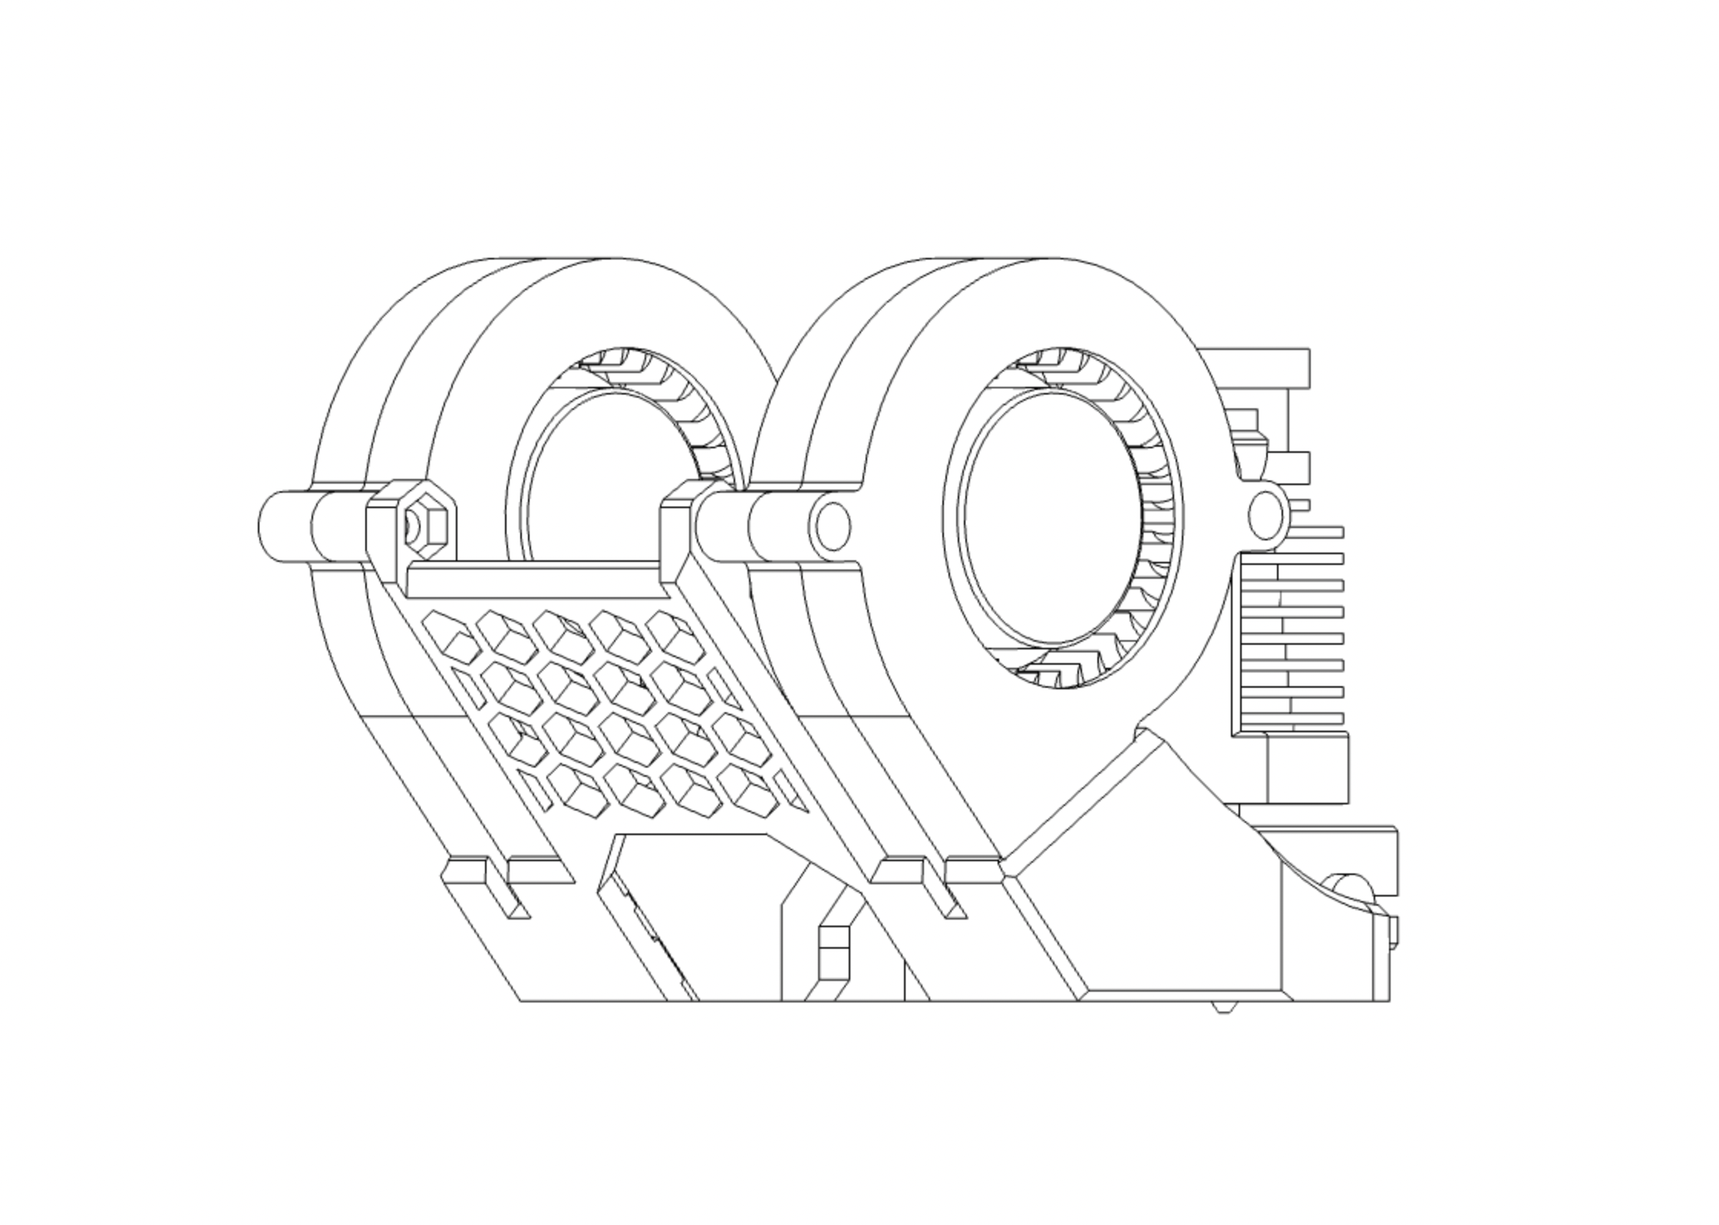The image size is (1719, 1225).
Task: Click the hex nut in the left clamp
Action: (x=424, y=527)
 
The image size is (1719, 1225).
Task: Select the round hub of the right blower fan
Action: (x=1052, y=517)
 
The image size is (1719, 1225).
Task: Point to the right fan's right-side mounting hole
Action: (x=1265, y=514)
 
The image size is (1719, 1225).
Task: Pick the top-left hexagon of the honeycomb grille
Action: (x=451, y=637)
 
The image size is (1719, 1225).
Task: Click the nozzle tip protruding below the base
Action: (x=1224, y=1006)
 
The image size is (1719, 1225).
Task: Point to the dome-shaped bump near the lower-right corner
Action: (x=1348, y=884)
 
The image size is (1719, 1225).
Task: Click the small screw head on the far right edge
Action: (x=1394, y=932)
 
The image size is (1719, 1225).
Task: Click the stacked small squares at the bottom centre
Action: (x=833, y=953)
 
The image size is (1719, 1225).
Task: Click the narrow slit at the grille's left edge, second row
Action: (x=468, y=688)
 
